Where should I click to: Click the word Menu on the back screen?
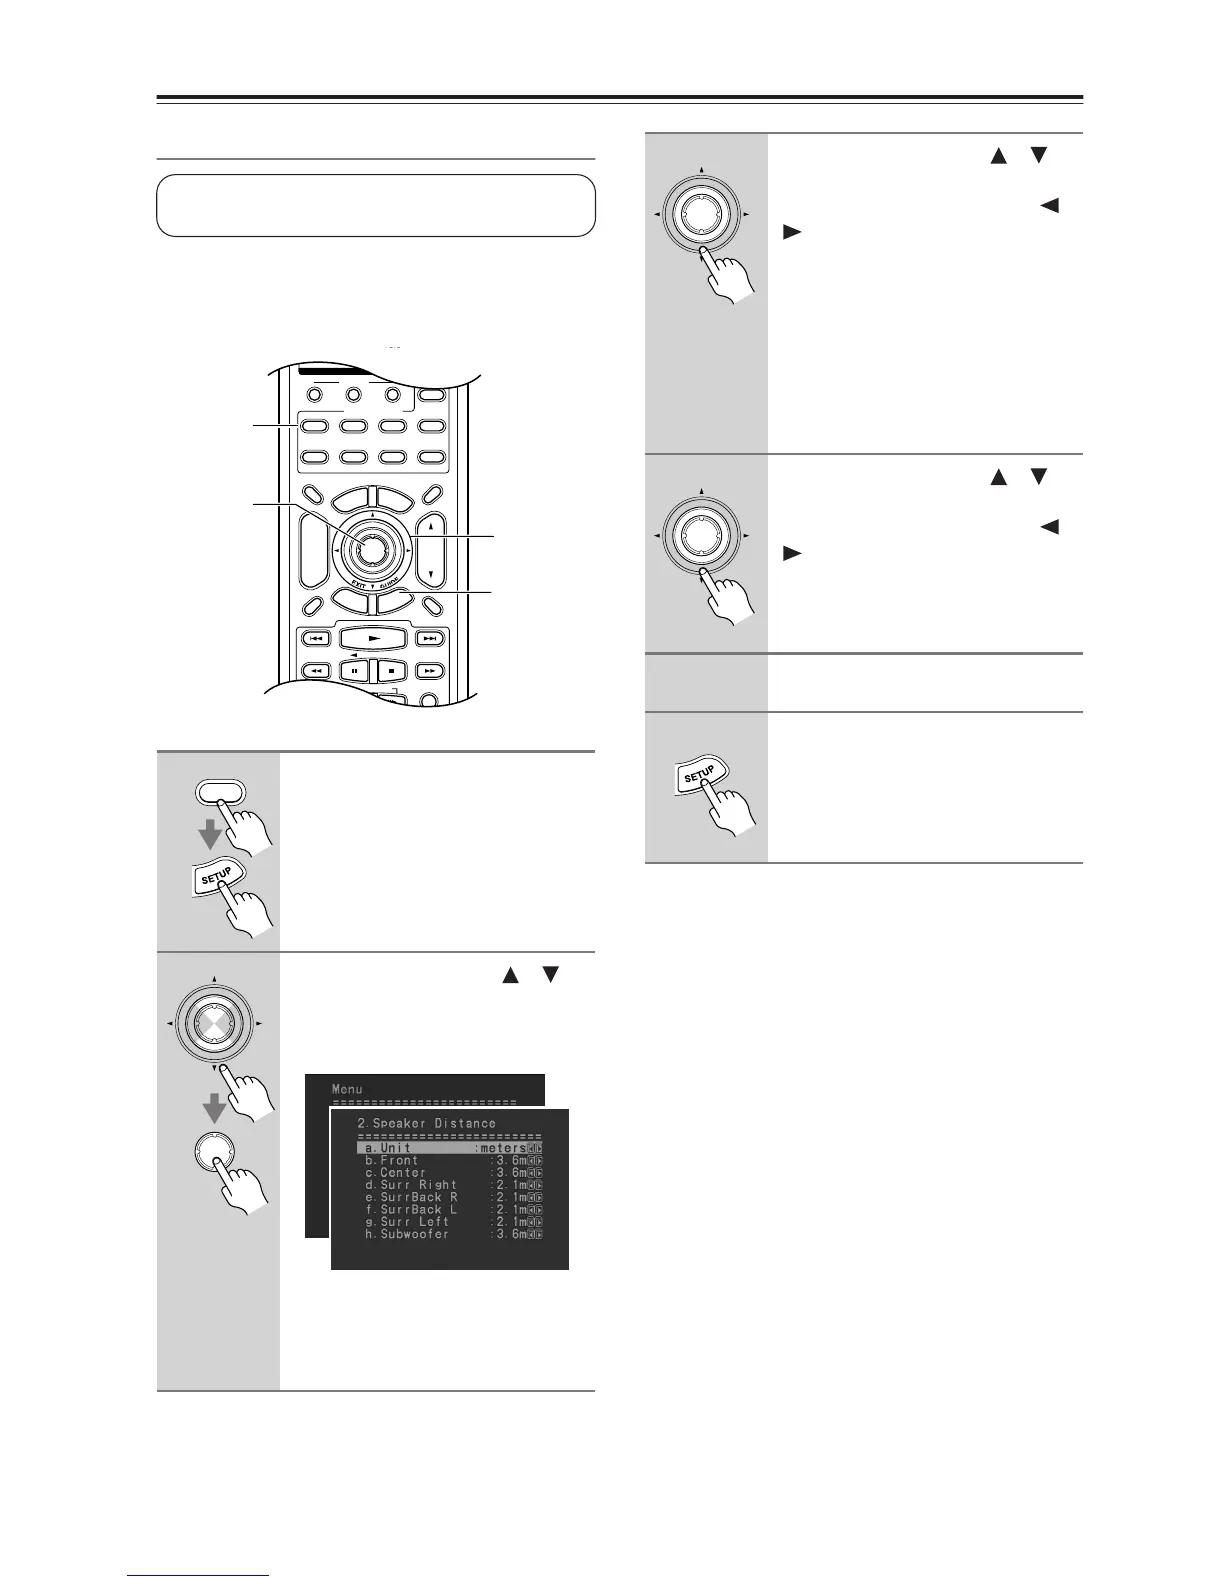coord(347,1089)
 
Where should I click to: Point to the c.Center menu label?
coord(395,1172)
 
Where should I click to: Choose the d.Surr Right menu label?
coord(411,1185)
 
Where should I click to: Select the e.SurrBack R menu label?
coord(411,1197)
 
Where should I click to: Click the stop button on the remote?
coord(391,671)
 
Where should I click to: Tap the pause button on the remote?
coord(355,671)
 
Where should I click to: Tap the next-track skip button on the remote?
coord(430,638)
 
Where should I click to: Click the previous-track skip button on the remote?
coord(315,638)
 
